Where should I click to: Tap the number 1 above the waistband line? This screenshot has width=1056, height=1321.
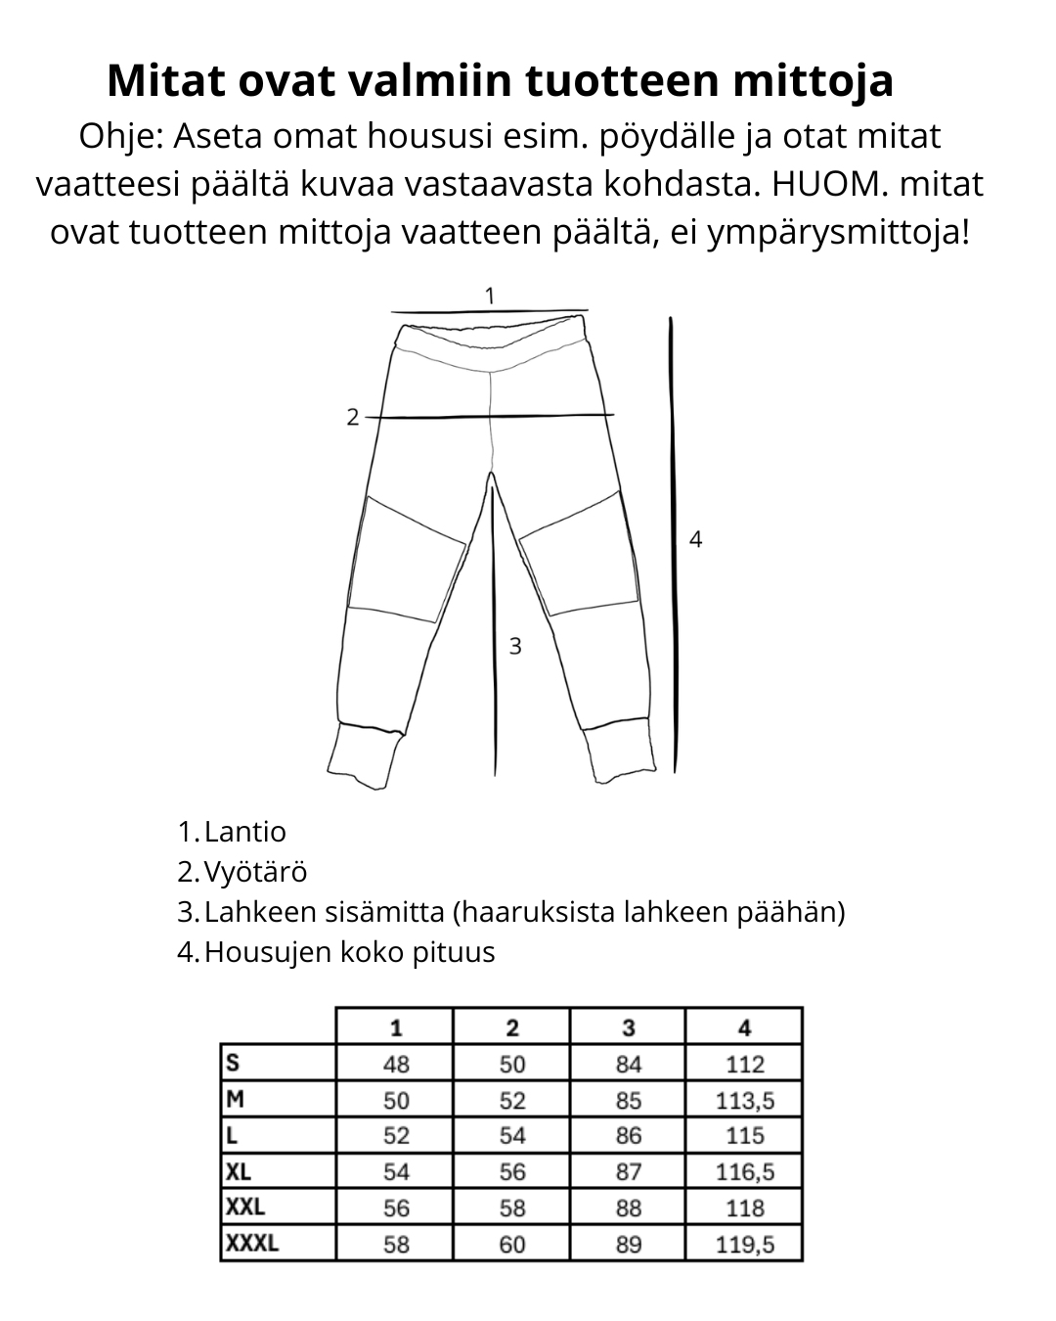pos(490,295)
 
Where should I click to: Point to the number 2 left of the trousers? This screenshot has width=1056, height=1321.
pos(353,417)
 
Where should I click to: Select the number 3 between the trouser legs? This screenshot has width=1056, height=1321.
pos(515,646)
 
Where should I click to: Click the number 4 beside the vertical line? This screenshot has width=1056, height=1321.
pos(695,538)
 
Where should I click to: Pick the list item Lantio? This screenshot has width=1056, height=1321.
pos(244,832)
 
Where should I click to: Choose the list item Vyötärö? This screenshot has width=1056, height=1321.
pos(255,872)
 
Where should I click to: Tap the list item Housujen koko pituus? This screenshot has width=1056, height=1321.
pos(349,951)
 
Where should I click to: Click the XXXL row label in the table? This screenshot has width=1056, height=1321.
pos(252,1244)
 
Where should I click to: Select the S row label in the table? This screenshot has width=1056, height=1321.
pos(233,1064)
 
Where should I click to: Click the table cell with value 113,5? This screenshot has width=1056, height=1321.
pos(745,1100)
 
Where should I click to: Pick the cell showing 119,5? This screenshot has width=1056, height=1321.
pos(745,1244)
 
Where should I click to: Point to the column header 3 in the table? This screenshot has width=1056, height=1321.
pos(628,1027)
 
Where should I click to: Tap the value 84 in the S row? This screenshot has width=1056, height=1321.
pos(628,1064)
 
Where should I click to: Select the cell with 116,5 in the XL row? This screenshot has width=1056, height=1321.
pos(745,1171)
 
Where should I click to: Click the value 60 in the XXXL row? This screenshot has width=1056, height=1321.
pos(511,1244)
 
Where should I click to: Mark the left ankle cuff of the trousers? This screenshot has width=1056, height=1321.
pos(364,755)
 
